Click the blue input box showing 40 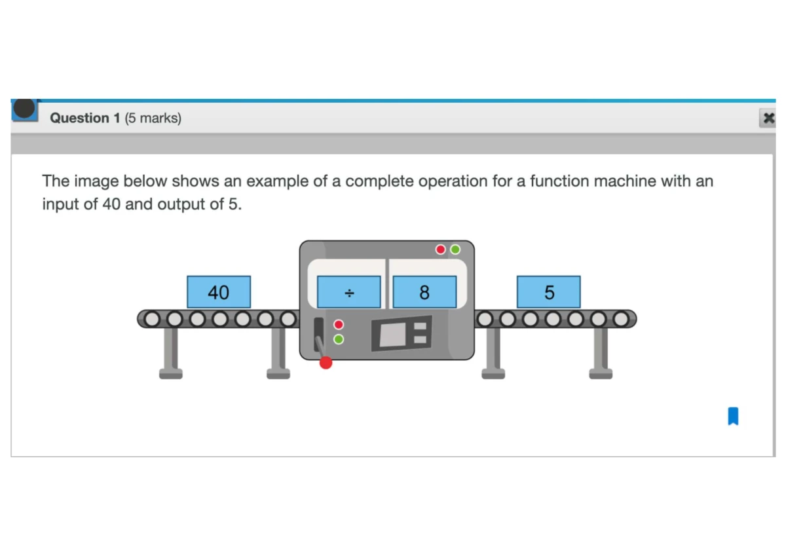point(219,292)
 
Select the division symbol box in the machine point(348,292)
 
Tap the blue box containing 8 point(424,292)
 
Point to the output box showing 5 point(548,292)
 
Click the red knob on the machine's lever point(326,363)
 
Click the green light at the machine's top point(455,250)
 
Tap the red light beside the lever point(339,324)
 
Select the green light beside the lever point(339,339)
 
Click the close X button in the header point(768,119)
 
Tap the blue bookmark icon point(733,416)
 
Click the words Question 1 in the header point(85,118)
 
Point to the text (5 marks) point(153,119)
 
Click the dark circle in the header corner point(24,108)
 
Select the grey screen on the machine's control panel point(392,335)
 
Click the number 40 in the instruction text point(111,204)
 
